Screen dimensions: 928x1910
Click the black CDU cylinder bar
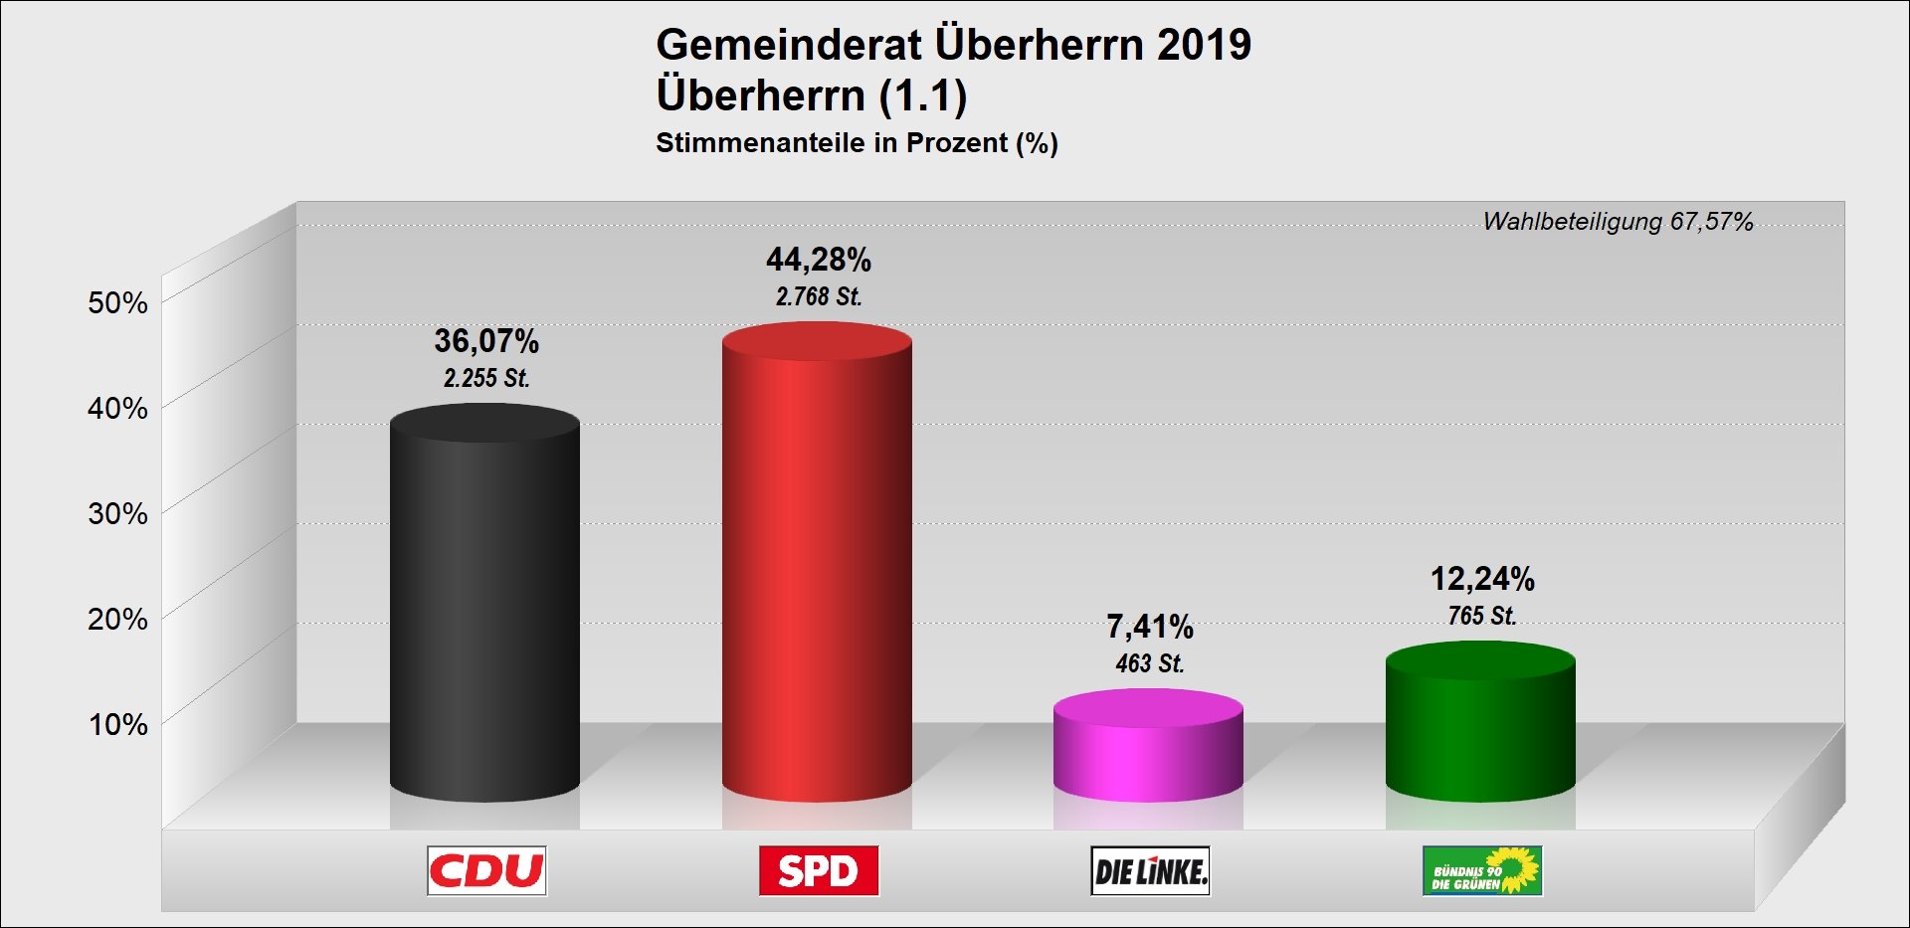pos(484,607)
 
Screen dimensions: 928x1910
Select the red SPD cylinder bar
pos(817,567)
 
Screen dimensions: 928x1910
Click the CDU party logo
pos(486,871)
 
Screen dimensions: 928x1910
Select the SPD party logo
pos(818,871)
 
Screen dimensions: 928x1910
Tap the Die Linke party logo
pos(1150,871)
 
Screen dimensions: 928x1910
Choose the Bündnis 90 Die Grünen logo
pos(1482,871)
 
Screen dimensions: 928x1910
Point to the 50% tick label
pos(117,303)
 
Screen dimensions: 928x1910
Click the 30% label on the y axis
pos(117,514)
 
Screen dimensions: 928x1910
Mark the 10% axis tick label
pos(117,725)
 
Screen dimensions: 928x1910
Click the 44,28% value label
pos(818,261)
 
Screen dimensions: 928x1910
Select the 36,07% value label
pos(486,342)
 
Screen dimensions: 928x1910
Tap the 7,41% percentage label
pos(1150,627)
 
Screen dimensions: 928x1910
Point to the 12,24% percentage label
pos(1482,579)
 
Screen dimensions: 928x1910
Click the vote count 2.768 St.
pos(818,296)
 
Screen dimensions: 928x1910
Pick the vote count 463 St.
pos(1150,663)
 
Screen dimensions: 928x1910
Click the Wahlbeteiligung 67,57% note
pos(1618,222)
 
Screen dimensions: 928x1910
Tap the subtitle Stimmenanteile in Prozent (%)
pos(857,143)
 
